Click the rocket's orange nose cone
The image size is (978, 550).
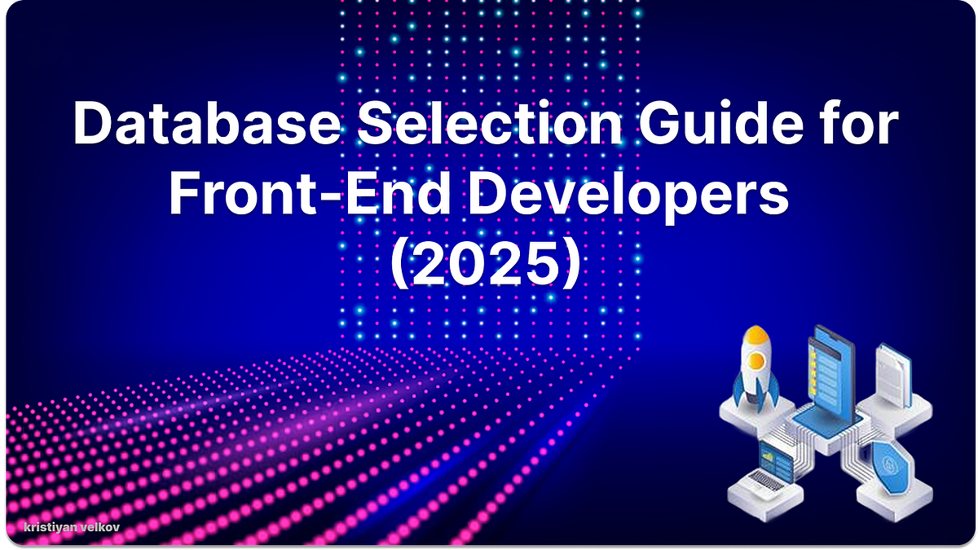(757, 336)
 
